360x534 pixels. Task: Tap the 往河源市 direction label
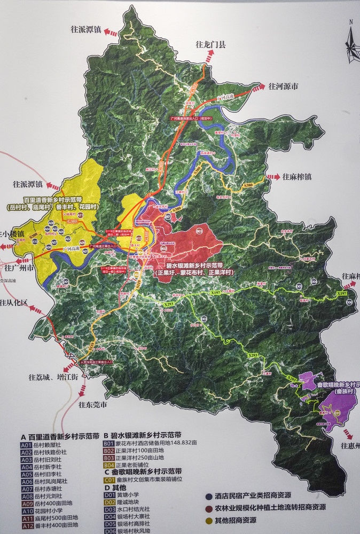283,85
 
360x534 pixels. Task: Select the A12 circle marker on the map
138,238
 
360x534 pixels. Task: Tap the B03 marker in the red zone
199,231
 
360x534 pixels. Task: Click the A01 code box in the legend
26,444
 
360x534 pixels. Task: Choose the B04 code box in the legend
109,465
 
